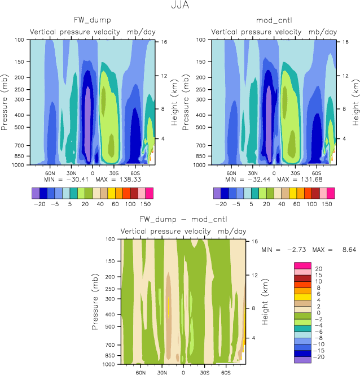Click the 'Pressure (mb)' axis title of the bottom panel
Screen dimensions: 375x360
pyautogui.click(x=95, y=302)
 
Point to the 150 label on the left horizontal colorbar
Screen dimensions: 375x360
pyautogui.click(x=146, y=203)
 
